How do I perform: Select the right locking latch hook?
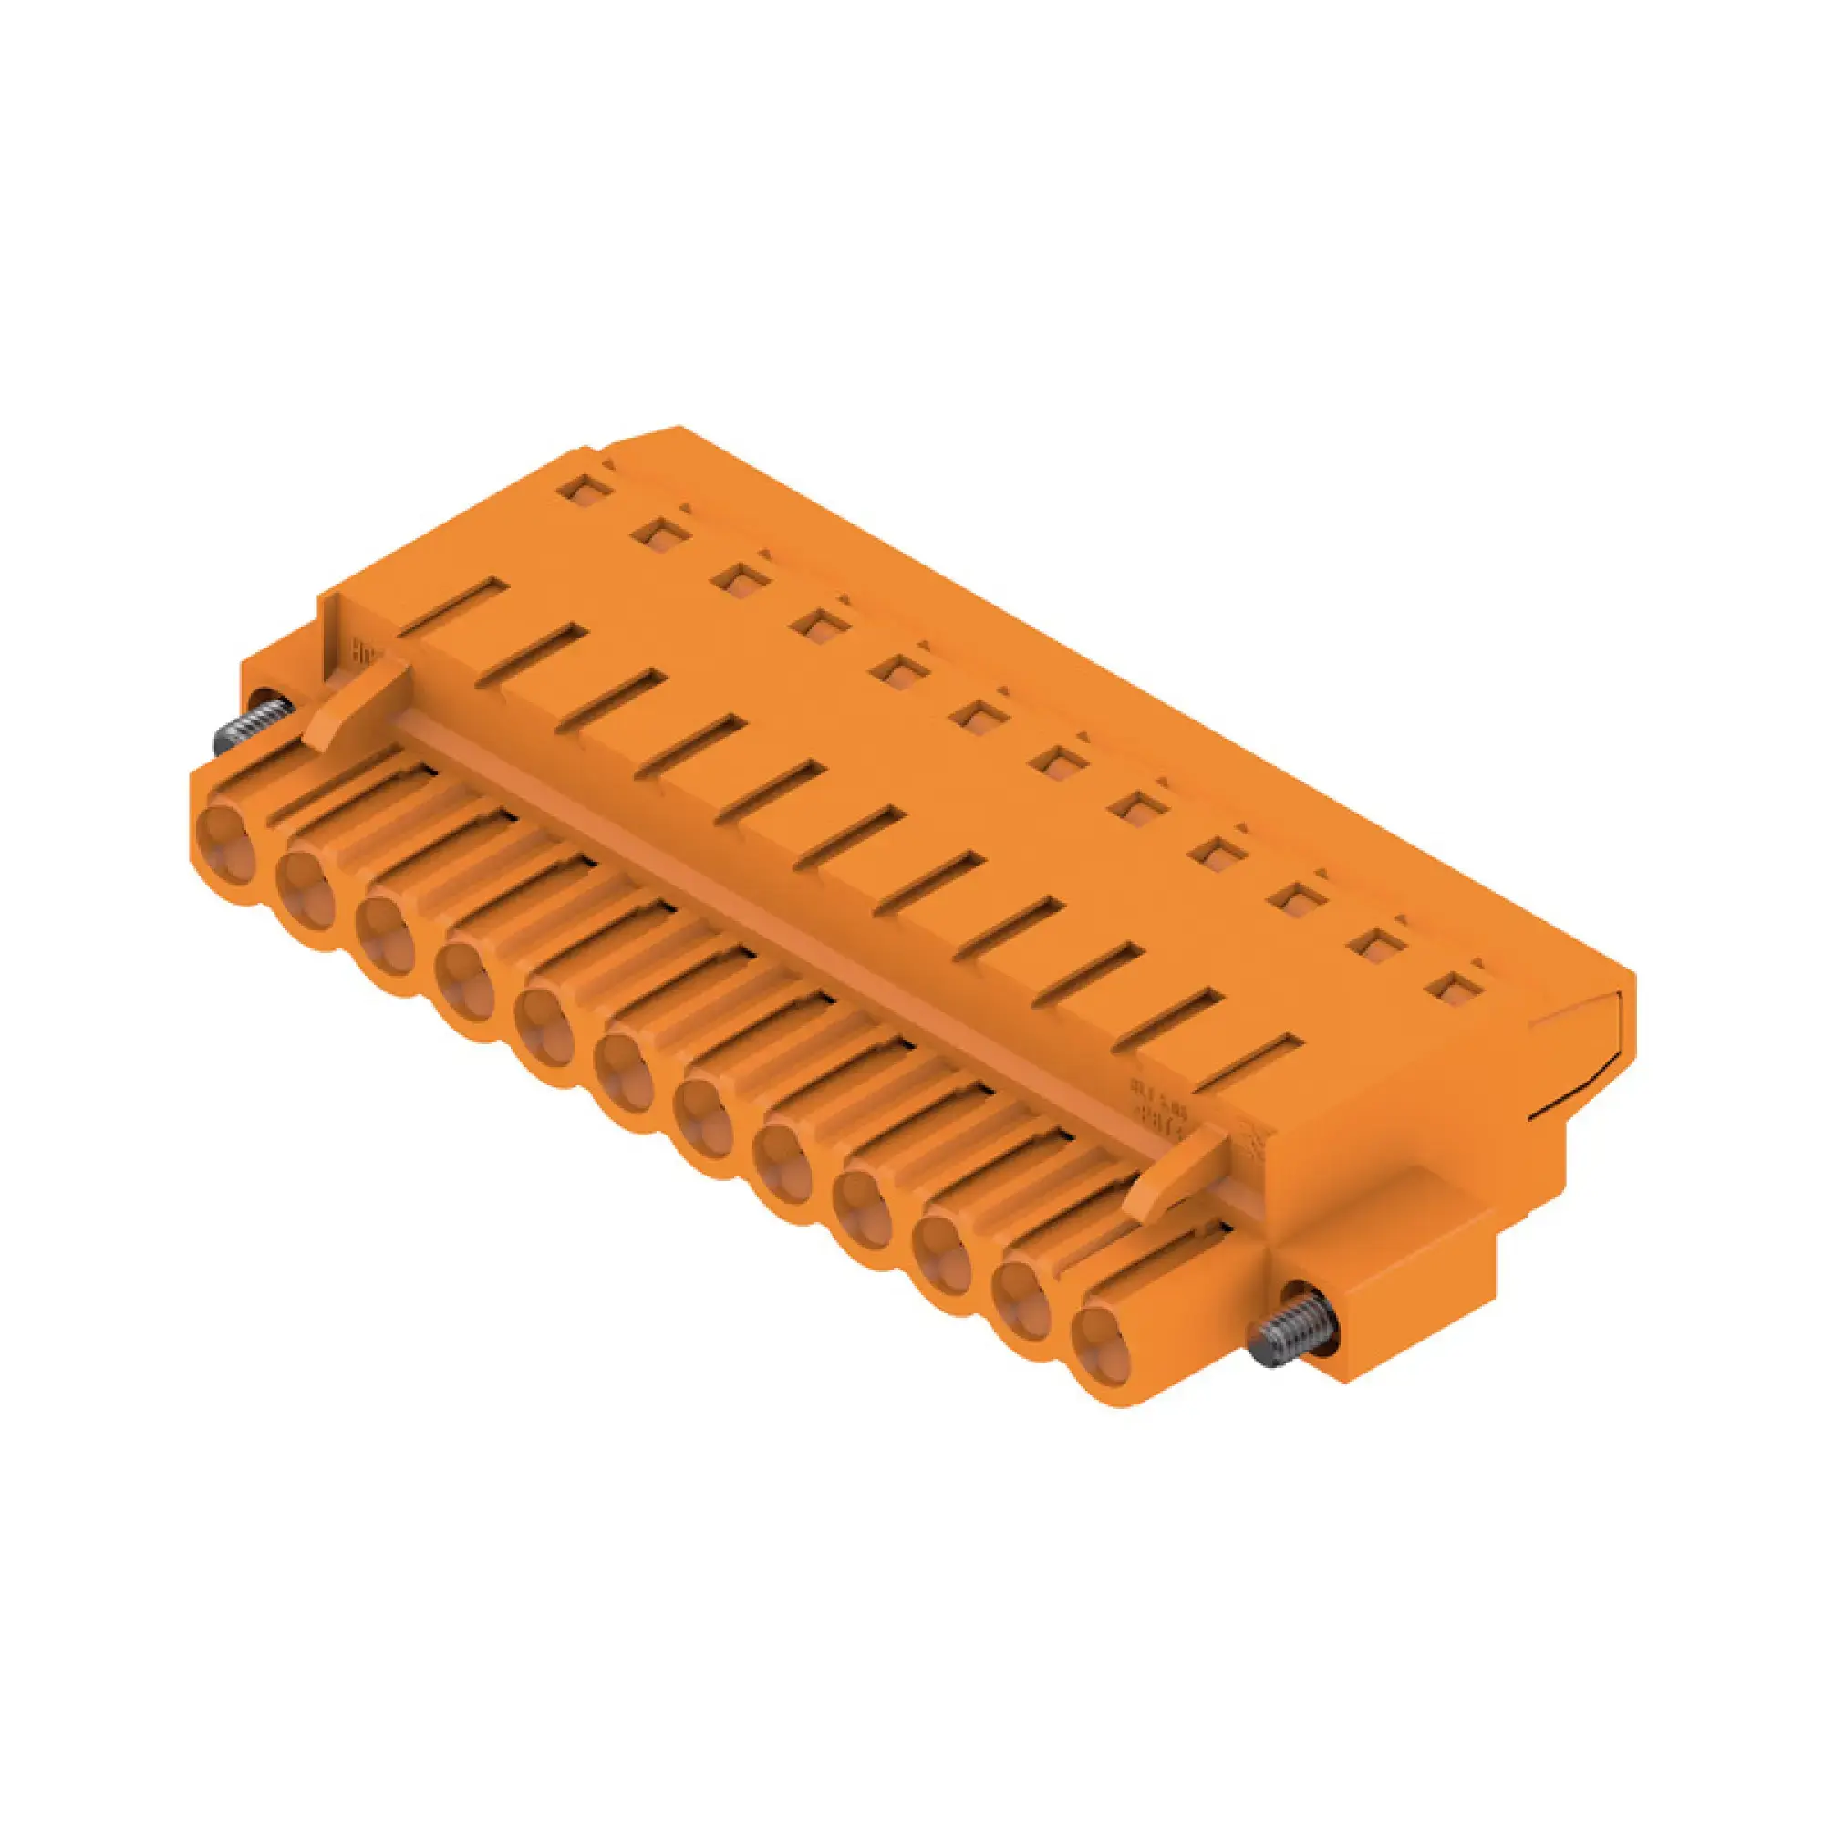[x=1171, y=1171]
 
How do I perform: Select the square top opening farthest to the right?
[x=1451, y=987]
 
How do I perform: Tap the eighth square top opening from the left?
[x=1134, y=805]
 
